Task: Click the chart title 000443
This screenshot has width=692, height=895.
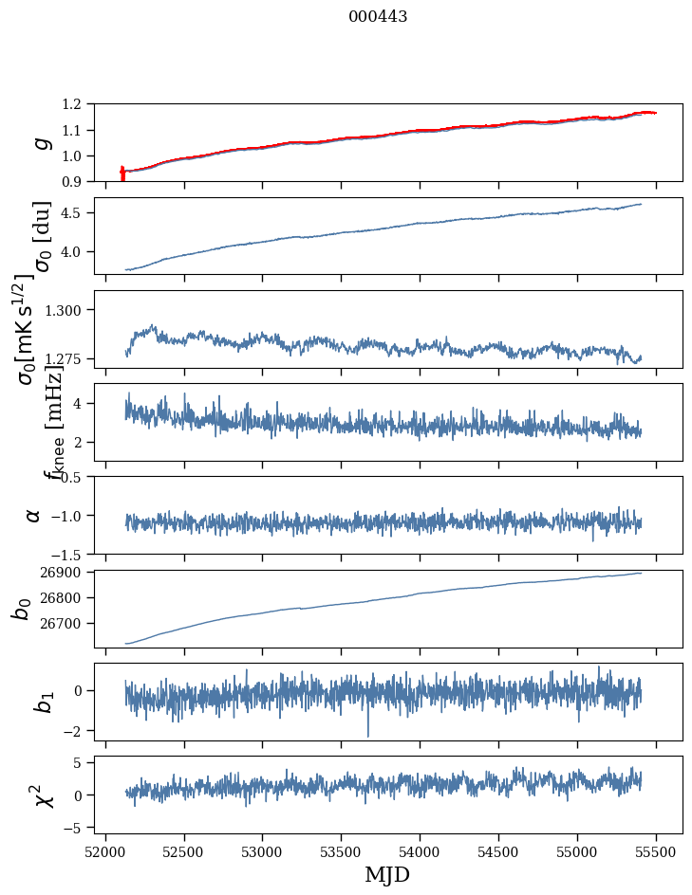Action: tap(378, 17)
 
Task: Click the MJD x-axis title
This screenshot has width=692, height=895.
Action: tap(387, 875)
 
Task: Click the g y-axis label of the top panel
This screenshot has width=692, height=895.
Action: tap(40, 142)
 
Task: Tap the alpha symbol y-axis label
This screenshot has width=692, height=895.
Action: tap(33, 515)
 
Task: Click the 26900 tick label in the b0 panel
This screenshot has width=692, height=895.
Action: tap(65, 573)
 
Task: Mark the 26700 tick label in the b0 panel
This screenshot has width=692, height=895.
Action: tap(65, 624)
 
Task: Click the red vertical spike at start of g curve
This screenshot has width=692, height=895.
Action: tap(122, 174)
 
